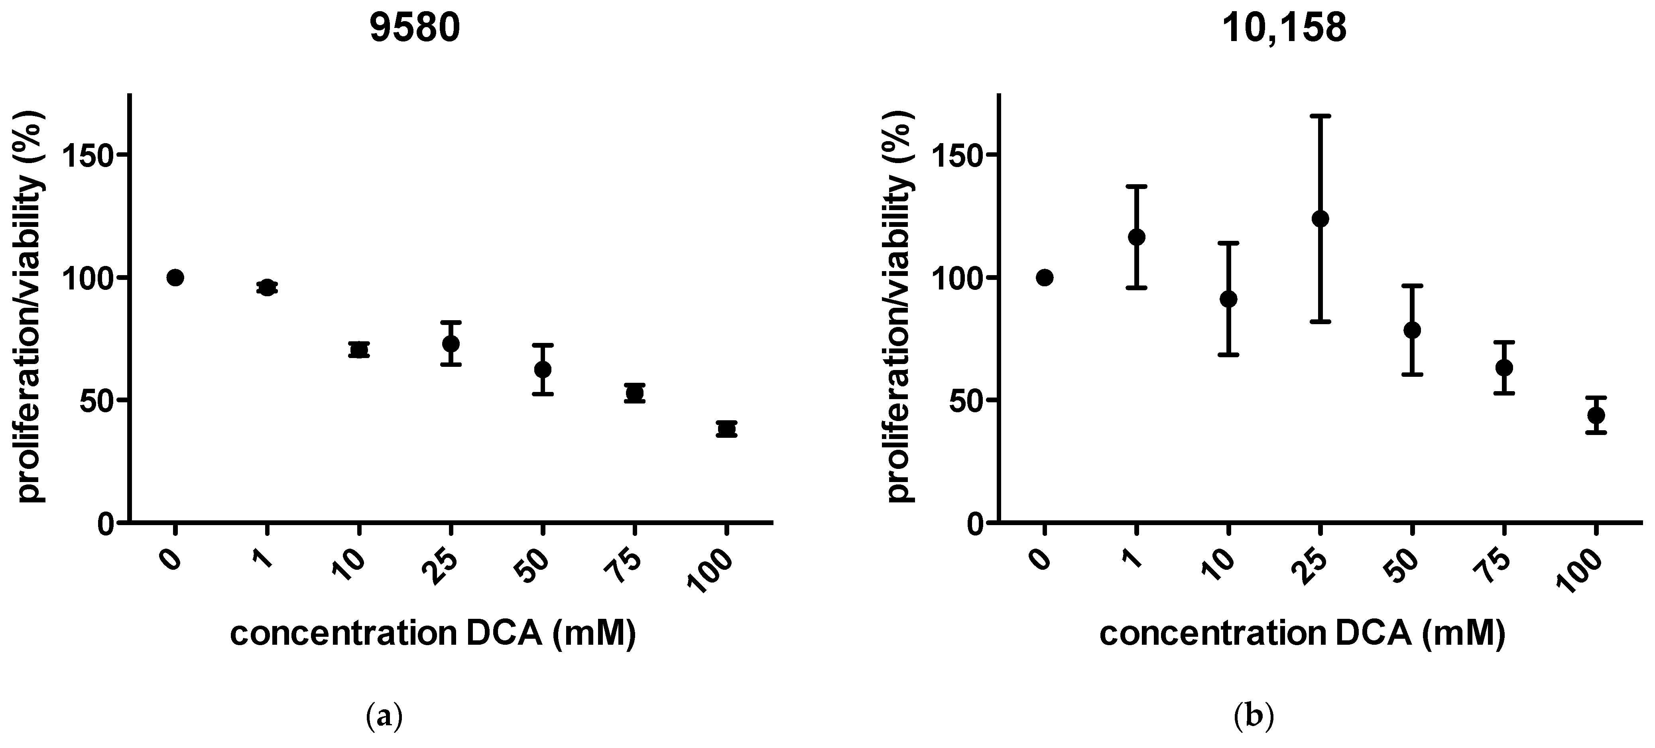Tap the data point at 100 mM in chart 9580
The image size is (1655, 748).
727,429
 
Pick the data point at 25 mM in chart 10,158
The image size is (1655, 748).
1320,218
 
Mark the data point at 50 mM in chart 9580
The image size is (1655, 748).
543,370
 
